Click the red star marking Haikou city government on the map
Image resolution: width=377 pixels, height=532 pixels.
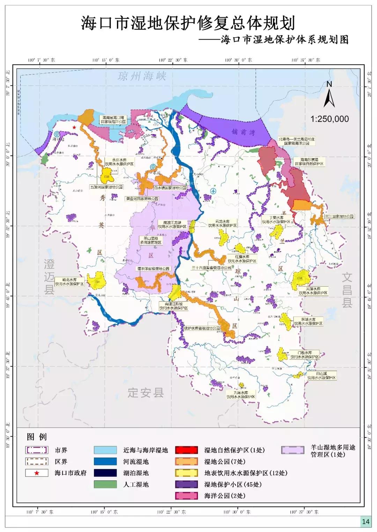(74, 128)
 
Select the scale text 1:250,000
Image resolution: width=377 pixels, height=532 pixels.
(330, 119)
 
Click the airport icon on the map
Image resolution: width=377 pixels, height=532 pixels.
(213, 191)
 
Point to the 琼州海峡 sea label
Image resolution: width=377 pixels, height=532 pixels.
(142, 76)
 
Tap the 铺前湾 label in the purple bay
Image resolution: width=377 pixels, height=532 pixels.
(243, 132)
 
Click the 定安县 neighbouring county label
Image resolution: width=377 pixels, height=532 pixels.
(146, 393)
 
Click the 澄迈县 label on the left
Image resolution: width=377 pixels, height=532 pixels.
(49, 277)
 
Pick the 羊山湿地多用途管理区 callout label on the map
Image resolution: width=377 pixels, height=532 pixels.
(150, 240)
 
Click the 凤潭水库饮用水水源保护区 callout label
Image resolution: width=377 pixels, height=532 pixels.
(313, 291)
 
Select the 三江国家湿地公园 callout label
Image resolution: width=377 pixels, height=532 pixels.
(339, 216)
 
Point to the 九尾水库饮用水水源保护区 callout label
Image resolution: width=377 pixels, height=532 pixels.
(241, 395)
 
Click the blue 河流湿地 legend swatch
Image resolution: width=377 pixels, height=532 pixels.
(105, 462)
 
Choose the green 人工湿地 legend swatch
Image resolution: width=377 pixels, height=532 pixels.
(105, 484)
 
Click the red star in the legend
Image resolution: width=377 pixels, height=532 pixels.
(37, 473)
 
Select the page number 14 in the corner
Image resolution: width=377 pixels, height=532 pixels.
(365, 522)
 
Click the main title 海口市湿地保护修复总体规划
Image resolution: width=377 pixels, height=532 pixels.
(188, 23)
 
